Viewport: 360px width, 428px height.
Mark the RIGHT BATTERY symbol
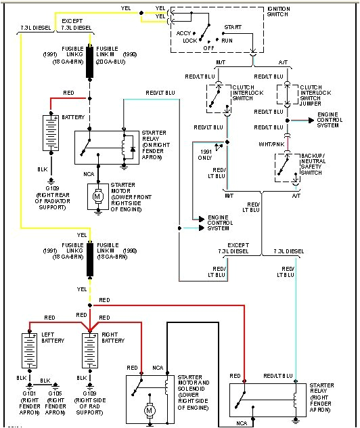tap(89, 349)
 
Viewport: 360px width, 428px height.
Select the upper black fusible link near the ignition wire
tap(89, 71)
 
